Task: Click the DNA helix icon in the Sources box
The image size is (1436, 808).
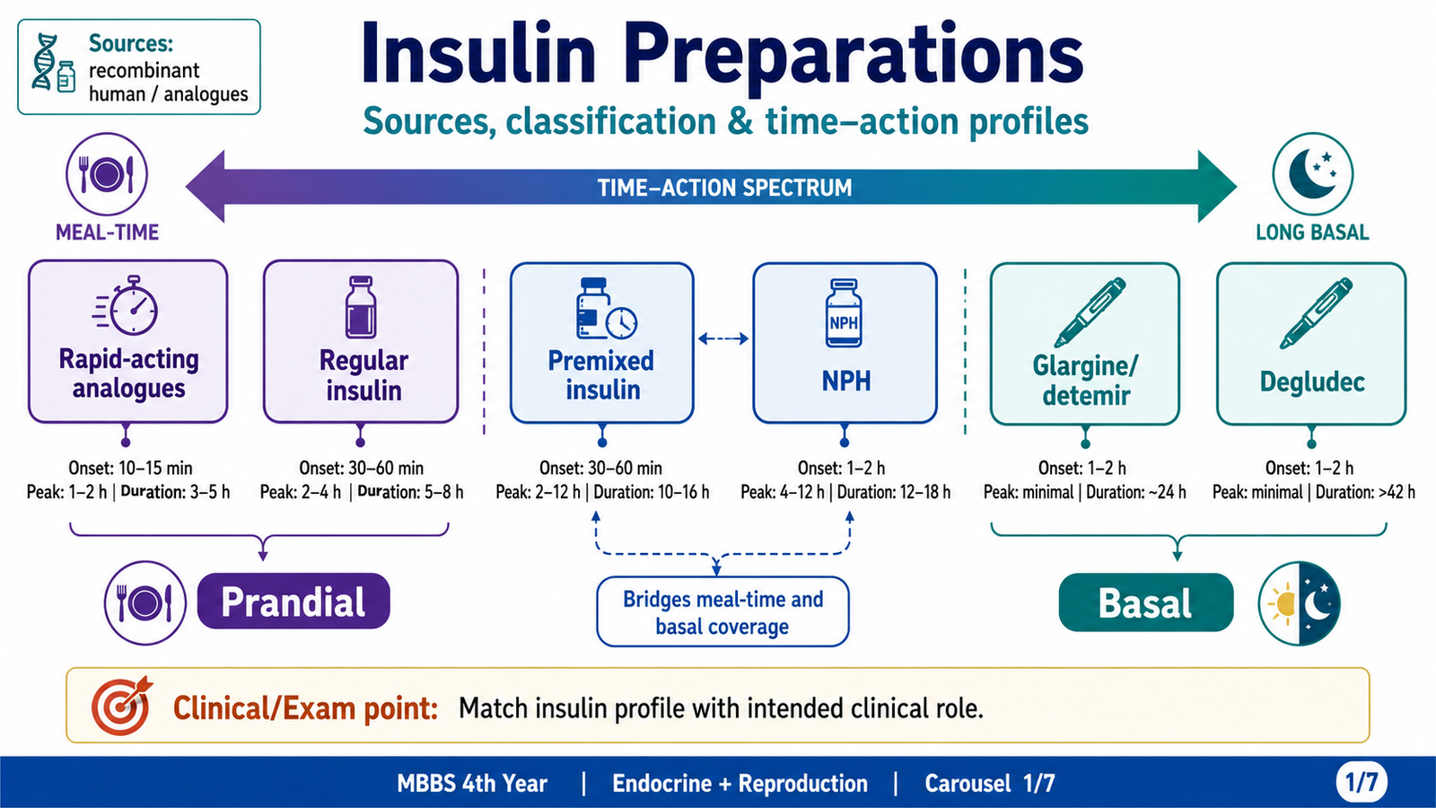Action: pos(45,62)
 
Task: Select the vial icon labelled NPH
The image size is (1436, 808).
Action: pos(844,313)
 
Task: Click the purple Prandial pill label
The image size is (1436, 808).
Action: pos(293,601)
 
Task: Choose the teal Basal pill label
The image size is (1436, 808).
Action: pos(1145,602)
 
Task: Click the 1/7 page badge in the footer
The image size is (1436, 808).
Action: pos(1361,782)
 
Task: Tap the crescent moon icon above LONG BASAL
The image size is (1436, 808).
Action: pos(1312,174)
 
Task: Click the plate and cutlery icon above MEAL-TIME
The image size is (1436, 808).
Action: pos(107,174)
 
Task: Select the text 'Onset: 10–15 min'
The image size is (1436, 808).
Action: pos(130,468)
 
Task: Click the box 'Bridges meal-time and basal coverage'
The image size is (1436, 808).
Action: pos(722,611)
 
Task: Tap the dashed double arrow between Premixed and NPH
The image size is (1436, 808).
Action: pos(723,338)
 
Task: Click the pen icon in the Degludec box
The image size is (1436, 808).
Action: pos(1316,313)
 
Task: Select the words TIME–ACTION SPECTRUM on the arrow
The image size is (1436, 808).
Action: pos(724,188)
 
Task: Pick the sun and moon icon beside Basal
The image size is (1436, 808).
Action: pos(1299,602)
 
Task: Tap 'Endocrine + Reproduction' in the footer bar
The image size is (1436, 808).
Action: pos(740,783)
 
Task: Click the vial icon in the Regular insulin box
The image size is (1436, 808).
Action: pos(360,307)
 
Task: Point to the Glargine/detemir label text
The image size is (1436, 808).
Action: pos(1085,381)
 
